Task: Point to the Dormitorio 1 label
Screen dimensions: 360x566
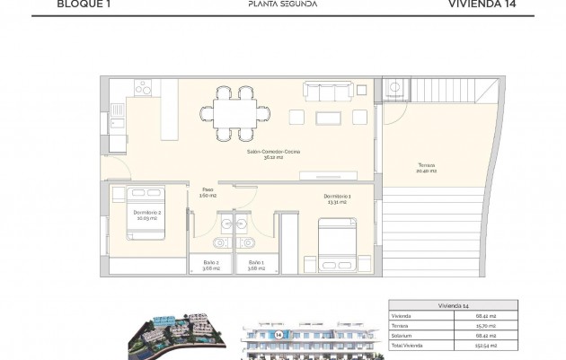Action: coord(338,199)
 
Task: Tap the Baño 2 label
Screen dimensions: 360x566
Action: coord(210,265)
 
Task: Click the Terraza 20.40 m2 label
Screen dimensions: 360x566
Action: coord(428,168)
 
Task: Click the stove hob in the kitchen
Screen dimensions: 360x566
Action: coord(142,88)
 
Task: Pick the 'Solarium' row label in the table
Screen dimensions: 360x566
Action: coord(402,336)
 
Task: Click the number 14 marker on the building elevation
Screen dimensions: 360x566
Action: coord(279,334)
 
